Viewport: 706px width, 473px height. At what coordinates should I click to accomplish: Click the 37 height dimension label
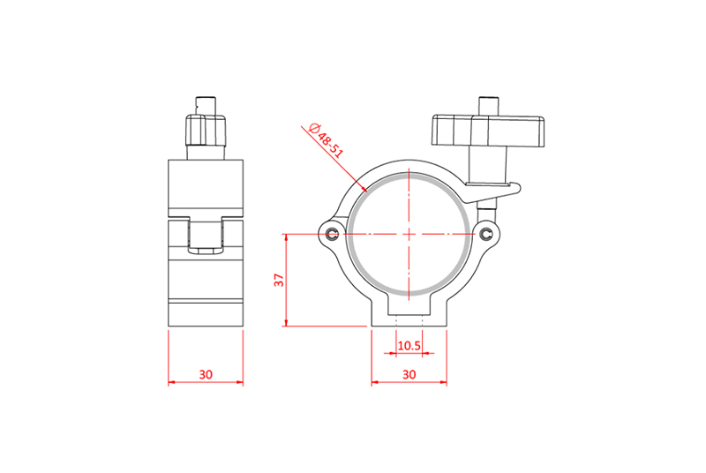(x=280, y=280)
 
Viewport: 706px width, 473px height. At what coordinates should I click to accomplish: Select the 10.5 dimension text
(x=409, y=346)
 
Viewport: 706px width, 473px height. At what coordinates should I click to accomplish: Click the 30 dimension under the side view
(x=206, y=374)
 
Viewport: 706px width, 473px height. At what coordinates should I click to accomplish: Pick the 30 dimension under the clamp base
(x=409, y=374)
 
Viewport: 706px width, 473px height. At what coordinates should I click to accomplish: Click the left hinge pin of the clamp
(x=333, y=234)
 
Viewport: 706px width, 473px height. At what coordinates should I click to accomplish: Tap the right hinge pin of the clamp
(x=486, y=234)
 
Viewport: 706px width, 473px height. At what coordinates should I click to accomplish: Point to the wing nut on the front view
(x=488, y=131)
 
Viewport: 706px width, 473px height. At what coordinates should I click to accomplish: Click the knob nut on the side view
(x=206, y=131)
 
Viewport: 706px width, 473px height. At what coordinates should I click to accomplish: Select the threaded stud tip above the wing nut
(x=489, y=106)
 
